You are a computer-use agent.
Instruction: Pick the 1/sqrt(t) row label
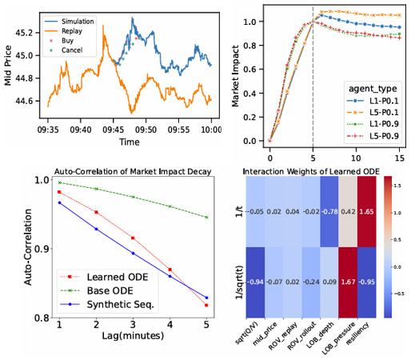pos(232,282)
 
